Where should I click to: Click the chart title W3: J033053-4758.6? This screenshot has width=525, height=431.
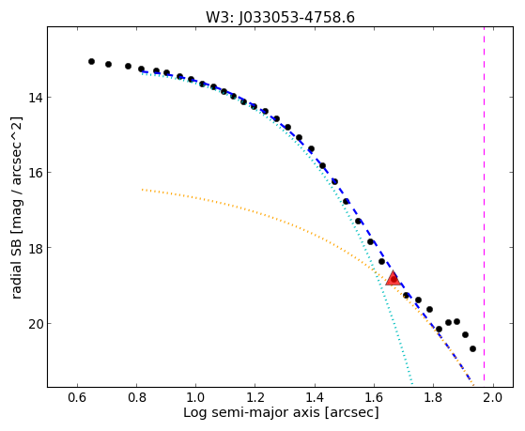coord(280,17)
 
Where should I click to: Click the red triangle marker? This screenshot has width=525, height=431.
coord(394,279)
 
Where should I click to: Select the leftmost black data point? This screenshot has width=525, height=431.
coord(91,61)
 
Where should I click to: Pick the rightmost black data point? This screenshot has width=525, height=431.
coord(472,349)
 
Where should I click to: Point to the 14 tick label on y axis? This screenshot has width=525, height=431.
coord(35,98)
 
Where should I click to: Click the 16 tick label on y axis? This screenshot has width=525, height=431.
coord(35,173)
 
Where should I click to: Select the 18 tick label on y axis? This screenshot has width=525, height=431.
coord(35,248)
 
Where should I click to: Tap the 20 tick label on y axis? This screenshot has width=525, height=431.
coord(35,324)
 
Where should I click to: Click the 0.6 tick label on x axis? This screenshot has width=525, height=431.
coord(77,397)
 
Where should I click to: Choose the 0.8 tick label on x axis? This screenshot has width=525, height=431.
coord(136,397)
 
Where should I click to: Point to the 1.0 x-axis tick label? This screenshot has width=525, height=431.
coord(196,397)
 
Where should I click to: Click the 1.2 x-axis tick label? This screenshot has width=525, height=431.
coord(255,397)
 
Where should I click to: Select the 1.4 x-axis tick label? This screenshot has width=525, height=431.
coord(315,397)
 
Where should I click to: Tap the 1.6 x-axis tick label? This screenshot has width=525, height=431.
coord(374,397)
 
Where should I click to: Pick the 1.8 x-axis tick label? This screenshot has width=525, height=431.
coord(433,397)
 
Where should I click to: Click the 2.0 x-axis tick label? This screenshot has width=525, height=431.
coord(492,397)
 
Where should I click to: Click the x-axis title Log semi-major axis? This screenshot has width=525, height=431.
coord(251,413)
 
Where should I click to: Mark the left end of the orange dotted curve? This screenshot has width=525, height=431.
coord(142,190)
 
